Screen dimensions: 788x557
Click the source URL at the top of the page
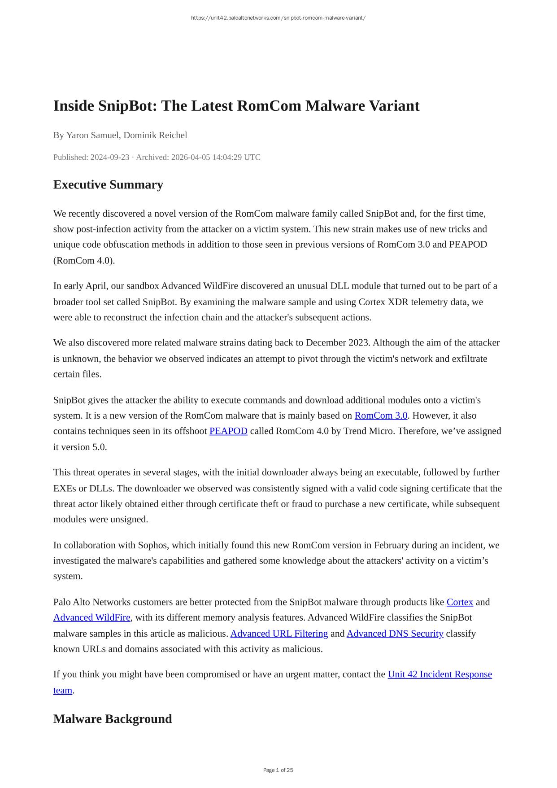[278, 18]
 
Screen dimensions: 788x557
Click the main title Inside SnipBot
[236, 106]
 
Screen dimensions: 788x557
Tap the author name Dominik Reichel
[155, 135]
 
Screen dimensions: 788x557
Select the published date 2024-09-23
[109, 157]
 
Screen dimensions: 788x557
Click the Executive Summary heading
[108, 184]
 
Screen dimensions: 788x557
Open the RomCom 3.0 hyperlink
[381, 416]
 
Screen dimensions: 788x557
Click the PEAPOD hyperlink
[228, 431]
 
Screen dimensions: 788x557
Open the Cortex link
[460, 602]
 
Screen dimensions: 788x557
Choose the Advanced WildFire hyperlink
[92, 618]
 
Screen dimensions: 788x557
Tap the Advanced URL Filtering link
[279, 634]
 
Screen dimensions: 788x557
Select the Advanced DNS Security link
[395, 634]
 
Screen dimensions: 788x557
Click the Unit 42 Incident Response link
[440, 674]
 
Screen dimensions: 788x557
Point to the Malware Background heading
[113, 719]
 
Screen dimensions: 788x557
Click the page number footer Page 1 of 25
[278, 770]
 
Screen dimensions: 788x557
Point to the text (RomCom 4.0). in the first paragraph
[84, 261]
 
